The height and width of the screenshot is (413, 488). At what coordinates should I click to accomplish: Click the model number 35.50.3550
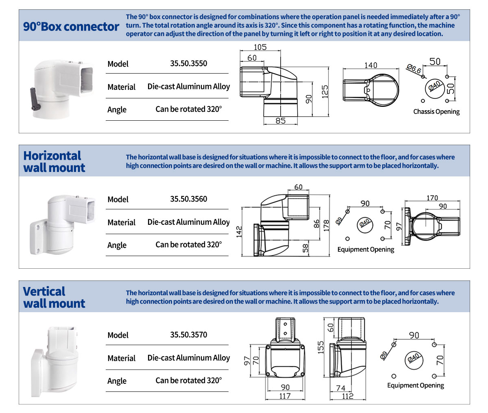(188, 63)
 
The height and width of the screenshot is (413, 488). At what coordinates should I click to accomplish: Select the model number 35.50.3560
(188, 199)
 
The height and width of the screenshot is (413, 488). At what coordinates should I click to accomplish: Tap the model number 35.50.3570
(188, 335)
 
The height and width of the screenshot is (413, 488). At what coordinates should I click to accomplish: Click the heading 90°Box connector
(71, 27)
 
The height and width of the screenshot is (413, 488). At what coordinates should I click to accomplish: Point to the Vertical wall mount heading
(54, 298)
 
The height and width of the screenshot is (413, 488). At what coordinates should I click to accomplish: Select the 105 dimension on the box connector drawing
(260, 47)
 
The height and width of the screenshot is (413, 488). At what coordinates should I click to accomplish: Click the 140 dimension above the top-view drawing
(370, 65)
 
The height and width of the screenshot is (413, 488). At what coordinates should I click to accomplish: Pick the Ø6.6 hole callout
(414, 69)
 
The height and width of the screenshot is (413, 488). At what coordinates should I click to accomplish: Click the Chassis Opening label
(436, 112)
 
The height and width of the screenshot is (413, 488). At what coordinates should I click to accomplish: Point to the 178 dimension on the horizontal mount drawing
(326, 226)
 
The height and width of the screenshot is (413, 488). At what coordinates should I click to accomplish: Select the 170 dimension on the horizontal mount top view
(432, 198)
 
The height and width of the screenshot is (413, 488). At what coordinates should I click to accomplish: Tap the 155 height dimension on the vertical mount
(321, 348)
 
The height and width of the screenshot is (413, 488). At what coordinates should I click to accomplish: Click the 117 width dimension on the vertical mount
(285, 396)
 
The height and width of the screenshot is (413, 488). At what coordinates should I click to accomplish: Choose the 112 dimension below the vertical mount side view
(348, 396)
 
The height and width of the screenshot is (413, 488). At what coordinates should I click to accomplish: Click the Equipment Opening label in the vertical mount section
(415, 385)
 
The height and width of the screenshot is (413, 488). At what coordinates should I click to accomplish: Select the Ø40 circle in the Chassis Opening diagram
(434, 87)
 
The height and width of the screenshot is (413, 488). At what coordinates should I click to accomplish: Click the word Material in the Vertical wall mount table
(121, 358)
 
